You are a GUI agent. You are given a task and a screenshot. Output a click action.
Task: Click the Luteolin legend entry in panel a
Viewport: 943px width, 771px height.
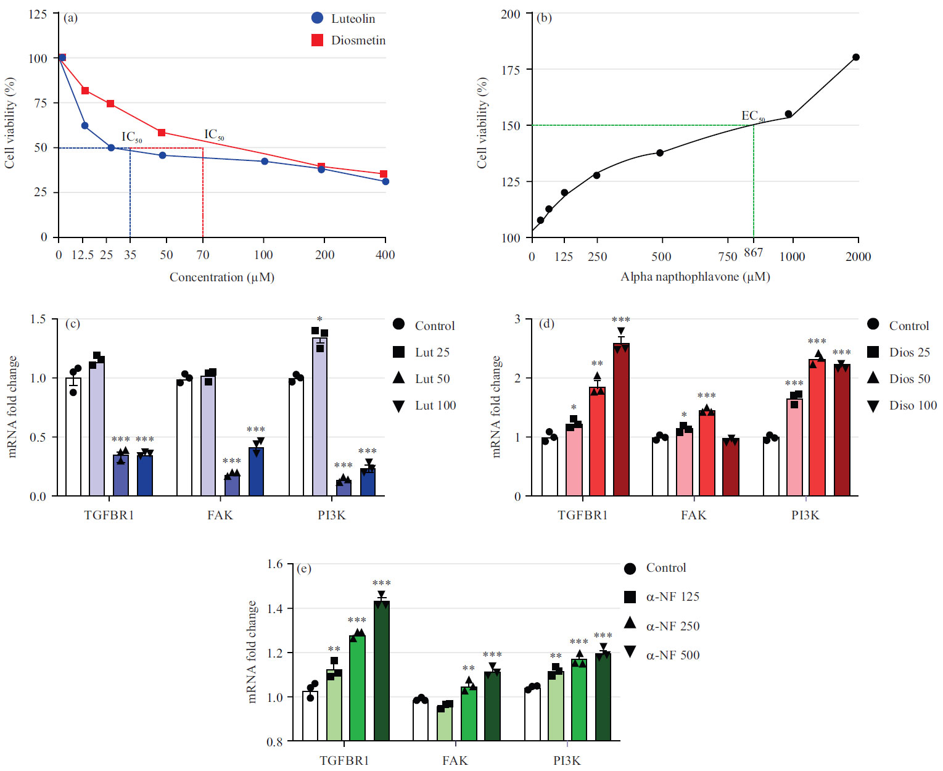352,19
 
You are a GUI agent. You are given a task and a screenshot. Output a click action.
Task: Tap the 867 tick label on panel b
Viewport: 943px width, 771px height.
753,252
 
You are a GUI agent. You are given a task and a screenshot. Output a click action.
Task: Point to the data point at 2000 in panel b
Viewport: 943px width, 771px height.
856,57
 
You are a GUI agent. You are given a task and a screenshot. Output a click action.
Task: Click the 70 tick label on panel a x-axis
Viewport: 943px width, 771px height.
203,255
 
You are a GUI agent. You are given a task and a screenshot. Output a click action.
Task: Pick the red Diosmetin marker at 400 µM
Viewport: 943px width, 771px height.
384,174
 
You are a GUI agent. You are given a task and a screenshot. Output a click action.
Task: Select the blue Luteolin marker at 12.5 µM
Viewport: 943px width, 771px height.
85,126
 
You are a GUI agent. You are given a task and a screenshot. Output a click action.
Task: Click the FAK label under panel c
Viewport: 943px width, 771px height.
220,515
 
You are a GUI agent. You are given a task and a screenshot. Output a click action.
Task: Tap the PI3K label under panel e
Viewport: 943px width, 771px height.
567,760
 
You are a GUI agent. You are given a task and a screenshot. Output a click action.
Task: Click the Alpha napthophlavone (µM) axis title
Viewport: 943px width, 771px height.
695,276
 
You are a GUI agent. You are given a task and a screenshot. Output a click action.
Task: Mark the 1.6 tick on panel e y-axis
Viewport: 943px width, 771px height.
275,564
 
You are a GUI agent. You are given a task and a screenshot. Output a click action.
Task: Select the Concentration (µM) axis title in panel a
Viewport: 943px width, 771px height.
222,277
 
